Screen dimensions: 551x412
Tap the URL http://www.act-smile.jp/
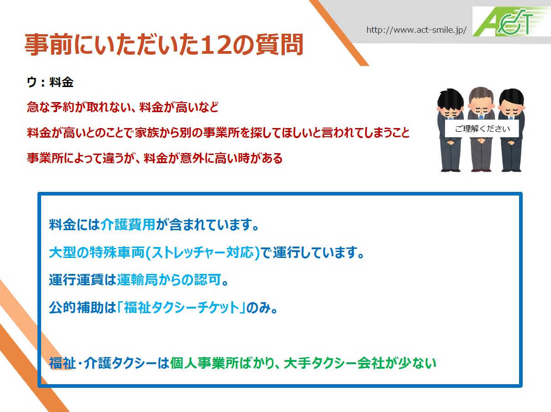[416, 30]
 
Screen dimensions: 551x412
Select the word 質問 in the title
[279, 45]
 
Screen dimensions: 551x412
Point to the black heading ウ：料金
[50, 82]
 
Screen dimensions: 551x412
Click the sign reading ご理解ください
[482, 129]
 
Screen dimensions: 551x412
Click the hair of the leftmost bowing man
[451, 99]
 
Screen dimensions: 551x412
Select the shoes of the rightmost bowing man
[511, 170]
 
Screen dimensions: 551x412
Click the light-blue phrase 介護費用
[128, 224]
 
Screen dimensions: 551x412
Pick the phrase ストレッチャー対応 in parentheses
[202, 252]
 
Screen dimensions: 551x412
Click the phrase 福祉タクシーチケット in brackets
[181, 308]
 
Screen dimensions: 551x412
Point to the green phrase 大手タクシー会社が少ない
[360, 363]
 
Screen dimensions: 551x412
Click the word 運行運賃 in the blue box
[76, 280]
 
